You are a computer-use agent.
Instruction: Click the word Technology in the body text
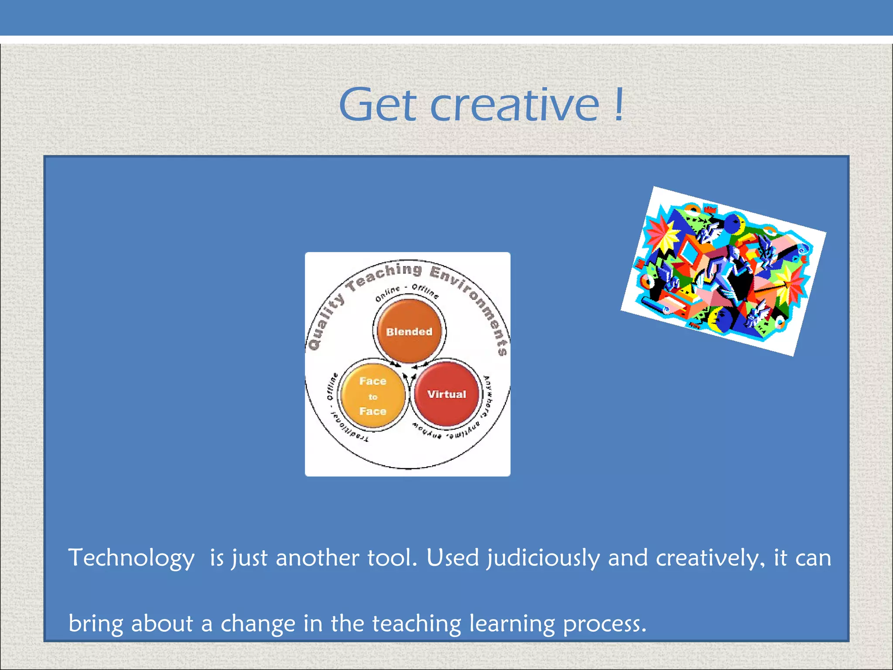(131, 558)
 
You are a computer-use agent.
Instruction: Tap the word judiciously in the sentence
(543, 558)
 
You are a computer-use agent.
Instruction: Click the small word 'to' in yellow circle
(372, 397)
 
